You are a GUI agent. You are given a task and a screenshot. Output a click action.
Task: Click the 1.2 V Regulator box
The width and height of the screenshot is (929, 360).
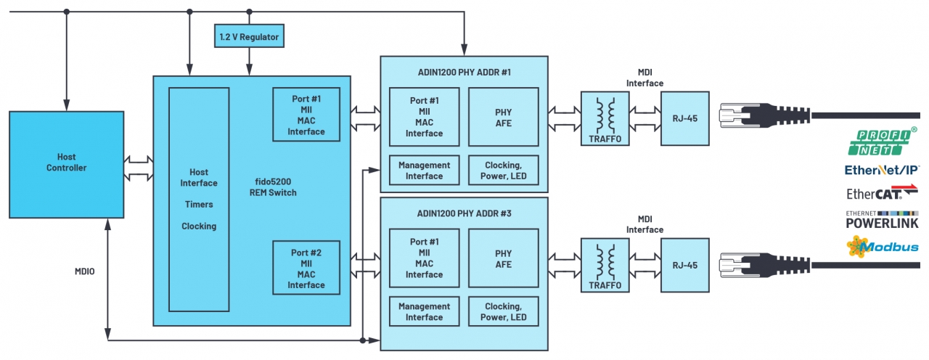coord(248,36)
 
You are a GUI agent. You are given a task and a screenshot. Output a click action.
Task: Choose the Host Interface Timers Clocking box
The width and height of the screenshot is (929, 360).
coord(199,200)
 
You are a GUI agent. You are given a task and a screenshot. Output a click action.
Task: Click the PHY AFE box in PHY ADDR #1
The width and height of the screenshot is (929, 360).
coord(503,118)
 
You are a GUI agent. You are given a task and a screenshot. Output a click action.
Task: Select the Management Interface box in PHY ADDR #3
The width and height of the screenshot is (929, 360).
coord(424,312)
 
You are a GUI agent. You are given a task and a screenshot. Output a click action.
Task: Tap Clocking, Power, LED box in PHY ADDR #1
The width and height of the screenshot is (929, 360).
coord(503,171)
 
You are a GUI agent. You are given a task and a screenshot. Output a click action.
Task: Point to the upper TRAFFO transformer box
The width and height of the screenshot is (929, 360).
coord(605,118)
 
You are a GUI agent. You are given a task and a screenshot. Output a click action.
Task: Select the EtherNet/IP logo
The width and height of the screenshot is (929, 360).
coord(881,170)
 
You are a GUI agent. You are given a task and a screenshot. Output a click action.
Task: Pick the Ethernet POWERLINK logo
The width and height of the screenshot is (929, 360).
coord(881,219)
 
